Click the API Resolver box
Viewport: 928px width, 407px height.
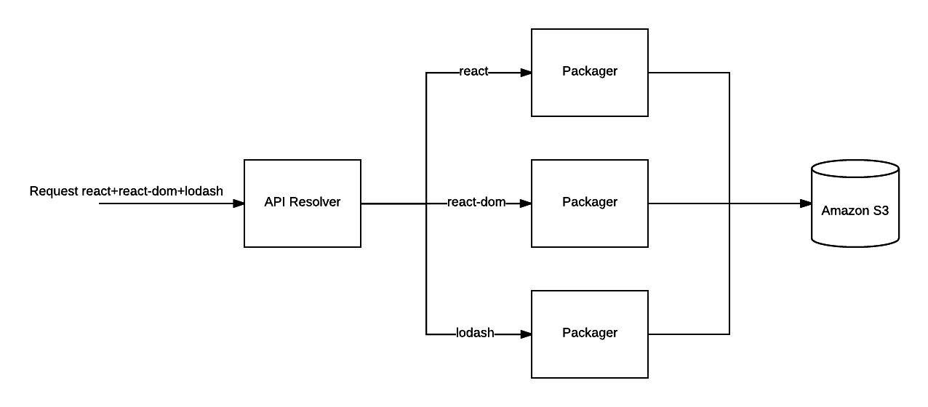[x=302, y=203]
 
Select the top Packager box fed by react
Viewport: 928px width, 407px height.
[x=589, y=73]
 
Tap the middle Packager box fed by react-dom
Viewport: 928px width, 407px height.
[x=589, y=203]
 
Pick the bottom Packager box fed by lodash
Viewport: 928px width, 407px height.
[x=589, y=334]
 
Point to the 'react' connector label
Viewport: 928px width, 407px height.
[x=473, y=71]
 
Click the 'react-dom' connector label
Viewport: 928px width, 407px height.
[x=476, y=202]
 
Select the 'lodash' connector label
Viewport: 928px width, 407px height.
[x=475, y=333]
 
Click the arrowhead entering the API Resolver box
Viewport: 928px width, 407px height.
[x=238, y=203]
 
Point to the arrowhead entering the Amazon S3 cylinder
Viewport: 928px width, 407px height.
[x=805, y=203]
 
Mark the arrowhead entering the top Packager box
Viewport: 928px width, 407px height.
[x=525, y=73]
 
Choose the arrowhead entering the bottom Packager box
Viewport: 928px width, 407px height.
[x=525, y=334]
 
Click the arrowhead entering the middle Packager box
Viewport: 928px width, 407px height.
[x=525, y=203]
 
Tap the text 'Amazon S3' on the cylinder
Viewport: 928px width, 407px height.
[x=855, y=211]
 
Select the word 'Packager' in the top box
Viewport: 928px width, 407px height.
[x=589, y=71]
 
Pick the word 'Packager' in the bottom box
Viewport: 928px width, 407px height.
[x=589, y=333]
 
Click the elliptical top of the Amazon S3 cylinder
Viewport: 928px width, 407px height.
[x=855, y=169]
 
